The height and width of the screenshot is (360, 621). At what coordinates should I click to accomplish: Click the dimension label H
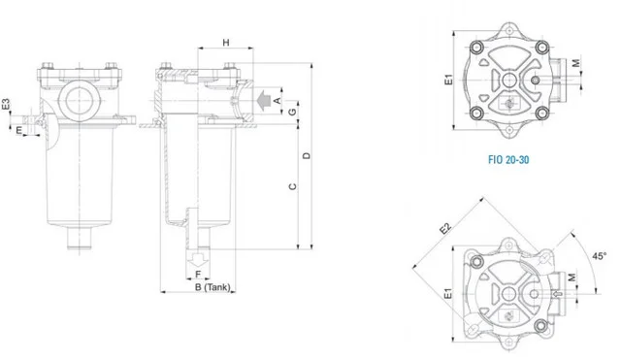coord(226,43)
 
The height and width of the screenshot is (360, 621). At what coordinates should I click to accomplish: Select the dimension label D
coord(307,155)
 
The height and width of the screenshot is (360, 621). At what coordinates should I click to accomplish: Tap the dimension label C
coord(293,186)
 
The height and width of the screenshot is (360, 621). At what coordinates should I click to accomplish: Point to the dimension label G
coord(292,113)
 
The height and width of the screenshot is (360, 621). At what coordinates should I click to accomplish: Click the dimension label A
coord(278,101)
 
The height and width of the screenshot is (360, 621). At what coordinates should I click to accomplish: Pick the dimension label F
coord(198,274)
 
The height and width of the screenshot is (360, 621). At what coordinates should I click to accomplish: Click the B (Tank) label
coord(212,287)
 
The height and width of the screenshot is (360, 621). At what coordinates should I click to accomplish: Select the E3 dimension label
coord(6,104)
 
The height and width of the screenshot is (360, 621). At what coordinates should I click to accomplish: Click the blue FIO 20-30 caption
coord(508,159)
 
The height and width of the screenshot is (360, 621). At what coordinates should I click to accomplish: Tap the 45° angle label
coord(600,256)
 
